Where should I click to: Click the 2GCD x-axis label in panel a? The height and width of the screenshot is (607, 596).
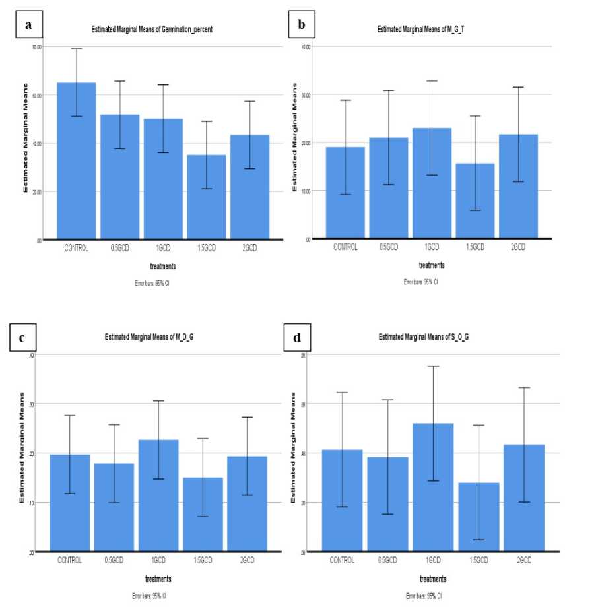point(249,248)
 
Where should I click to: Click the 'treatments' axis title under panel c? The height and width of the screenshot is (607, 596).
point(158,579)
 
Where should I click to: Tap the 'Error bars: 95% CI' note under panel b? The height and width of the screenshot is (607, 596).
point(420,282)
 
